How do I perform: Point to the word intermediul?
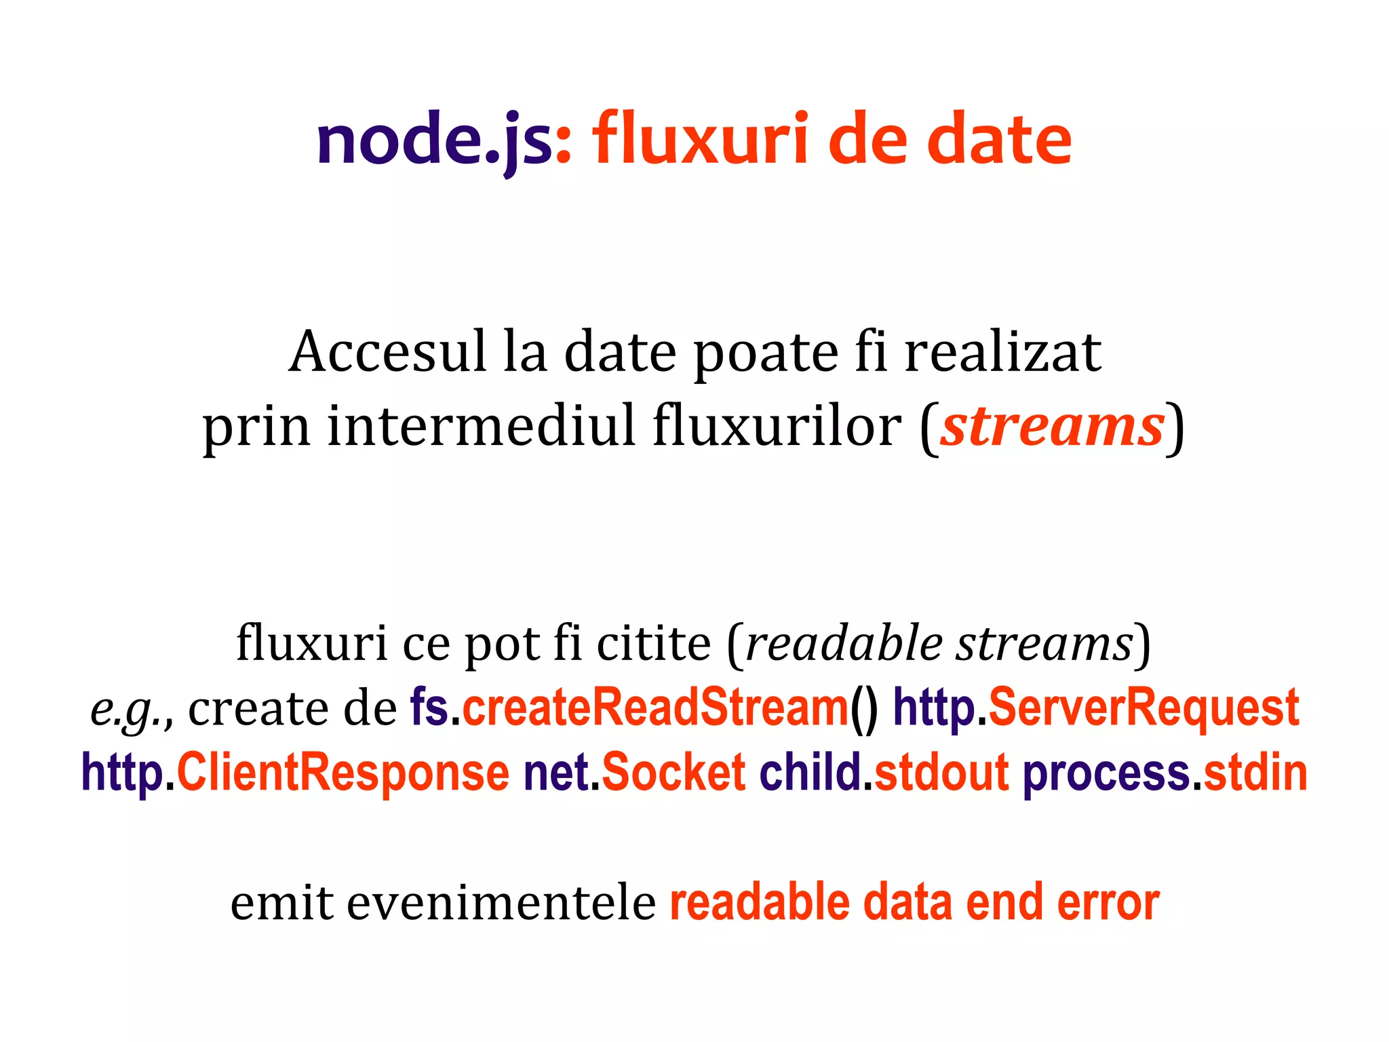pos(482,426)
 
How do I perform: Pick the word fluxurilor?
pos(777,426)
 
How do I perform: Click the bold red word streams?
pos(1052,426)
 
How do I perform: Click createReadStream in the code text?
pos(655,708)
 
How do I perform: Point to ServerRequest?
pos(1143,708)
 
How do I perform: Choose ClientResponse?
pos(343,773)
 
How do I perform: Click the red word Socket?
pos(673,773)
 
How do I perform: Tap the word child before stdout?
pos(810,773)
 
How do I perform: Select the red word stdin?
pos(1255,773)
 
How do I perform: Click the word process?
pos(1106,774)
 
